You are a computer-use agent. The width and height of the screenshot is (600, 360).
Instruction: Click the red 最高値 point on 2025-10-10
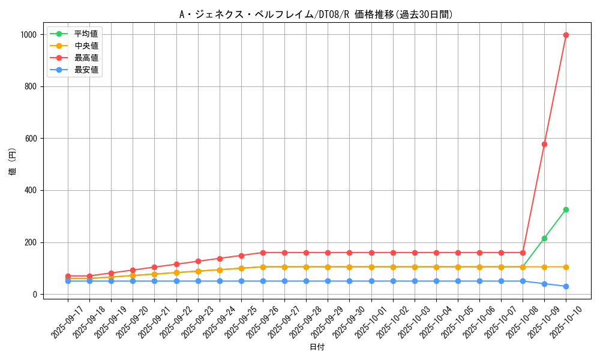566,35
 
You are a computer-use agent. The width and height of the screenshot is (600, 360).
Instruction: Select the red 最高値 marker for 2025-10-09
544,144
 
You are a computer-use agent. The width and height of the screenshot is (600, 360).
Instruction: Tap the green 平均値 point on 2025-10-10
566,209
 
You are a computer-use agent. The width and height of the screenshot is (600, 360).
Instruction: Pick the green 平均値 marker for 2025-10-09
544,238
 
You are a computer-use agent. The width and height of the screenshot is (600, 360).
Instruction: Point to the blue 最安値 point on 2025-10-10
566,286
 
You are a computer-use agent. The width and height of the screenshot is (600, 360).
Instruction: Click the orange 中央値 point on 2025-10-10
566,267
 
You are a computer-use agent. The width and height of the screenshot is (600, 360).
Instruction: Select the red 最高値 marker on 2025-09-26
263,253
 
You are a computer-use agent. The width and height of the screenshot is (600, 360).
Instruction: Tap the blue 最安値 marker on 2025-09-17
68,281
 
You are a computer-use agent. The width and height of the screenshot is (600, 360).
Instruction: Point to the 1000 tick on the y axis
29,35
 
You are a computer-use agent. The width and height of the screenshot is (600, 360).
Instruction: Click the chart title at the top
316,14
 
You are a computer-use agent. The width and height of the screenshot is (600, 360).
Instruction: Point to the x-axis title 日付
317,347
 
